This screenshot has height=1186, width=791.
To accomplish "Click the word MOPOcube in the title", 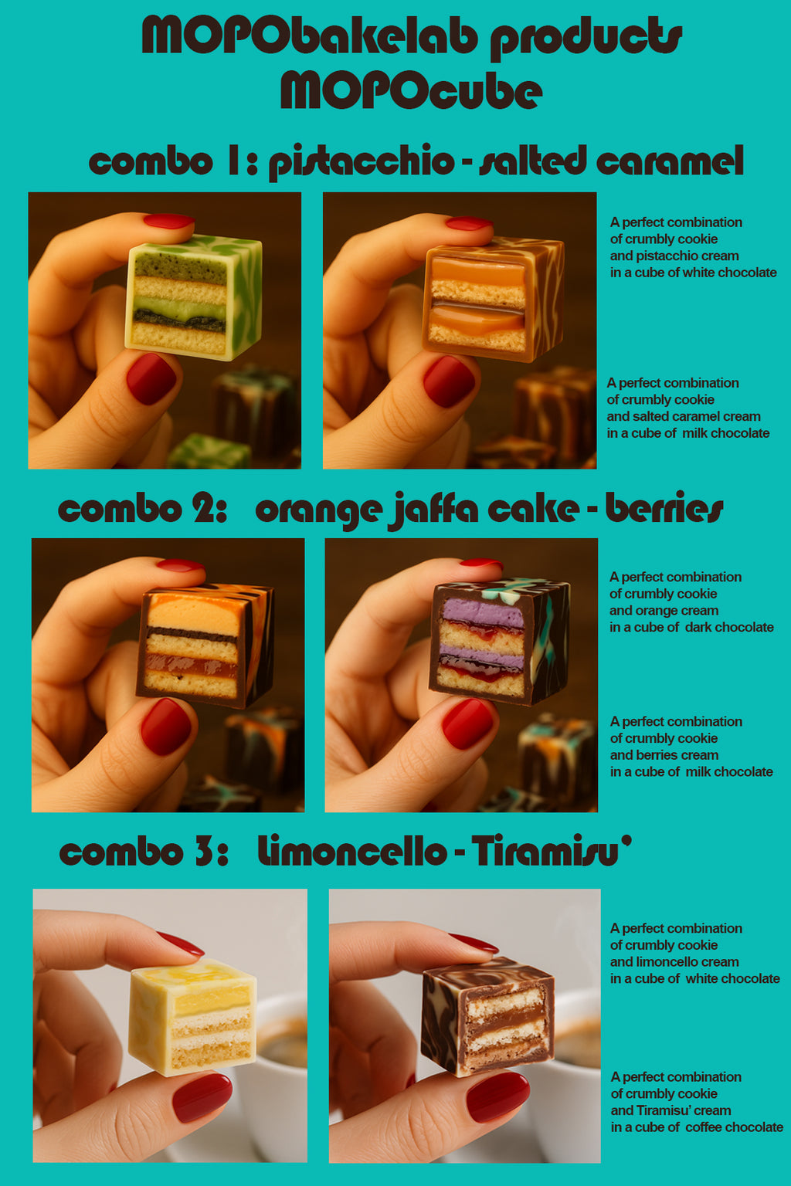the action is point(411,90).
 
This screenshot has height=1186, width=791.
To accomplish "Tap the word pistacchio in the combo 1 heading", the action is point(362,161).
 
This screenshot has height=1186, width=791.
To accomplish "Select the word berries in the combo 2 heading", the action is point(664,510).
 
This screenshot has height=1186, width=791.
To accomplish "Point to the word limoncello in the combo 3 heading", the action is point(352,851).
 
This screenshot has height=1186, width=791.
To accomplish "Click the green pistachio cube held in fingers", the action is point(194,297).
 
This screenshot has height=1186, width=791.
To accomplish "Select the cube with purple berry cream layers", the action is point(498,642).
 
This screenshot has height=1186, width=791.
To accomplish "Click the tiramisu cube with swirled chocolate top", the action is point(488,1017).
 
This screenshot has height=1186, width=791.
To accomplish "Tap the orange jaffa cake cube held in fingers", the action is point(205,646).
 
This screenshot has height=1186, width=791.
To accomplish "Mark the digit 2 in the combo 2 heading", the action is point(203,510).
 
